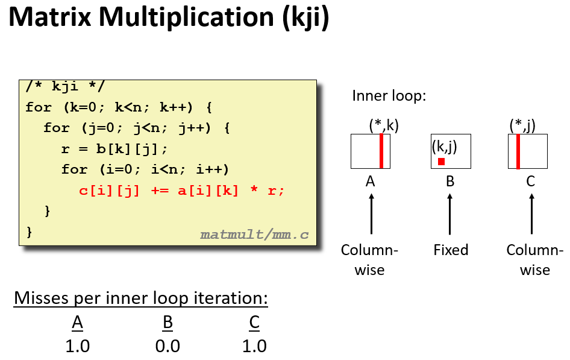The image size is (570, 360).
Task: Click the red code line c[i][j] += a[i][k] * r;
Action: pos(181,191)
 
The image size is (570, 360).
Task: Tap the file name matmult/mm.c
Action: pos(254,234)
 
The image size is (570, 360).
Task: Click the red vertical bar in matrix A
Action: pos(381,151)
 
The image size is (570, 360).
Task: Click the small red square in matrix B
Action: pos(441,161)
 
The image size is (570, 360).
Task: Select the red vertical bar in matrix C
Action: pos(518,151)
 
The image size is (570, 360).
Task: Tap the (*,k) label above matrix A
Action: pos(384,125)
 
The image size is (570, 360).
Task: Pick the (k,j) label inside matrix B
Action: pos(445,146)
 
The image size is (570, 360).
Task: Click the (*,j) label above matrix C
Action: pos(522,125)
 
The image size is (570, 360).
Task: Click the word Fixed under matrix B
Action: pos(451,250)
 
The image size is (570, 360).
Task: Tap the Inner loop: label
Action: pos(389,96)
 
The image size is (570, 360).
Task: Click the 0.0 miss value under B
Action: pos(168,346)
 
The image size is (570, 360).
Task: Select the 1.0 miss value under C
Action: pos(254,346)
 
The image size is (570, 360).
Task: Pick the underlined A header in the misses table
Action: pos(77,323)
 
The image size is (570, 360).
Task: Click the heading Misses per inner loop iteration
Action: pos(140,298)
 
